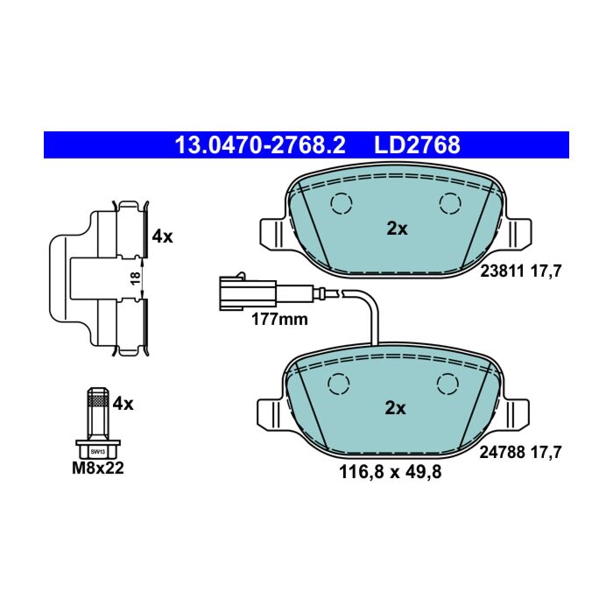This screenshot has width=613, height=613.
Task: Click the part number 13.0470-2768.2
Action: (260, 145)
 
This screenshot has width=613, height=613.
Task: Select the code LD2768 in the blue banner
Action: (417, 145)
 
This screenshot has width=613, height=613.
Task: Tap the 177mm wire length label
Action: (279, 320)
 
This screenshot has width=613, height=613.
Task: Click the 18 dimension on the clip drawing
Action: (135, 278)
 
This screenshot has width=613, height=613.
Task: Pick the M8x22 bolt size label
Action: (98, 468)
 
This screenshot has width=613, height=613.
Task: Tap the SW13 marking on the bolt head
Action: (98, 452)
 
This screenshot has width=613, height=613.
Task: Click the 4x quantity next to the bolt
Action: (123, 404)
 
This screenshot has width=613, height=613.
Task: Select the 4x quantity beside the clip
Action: (162, 236)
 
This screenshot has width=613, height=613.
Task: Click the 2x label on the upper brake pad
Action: (397, 229)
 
